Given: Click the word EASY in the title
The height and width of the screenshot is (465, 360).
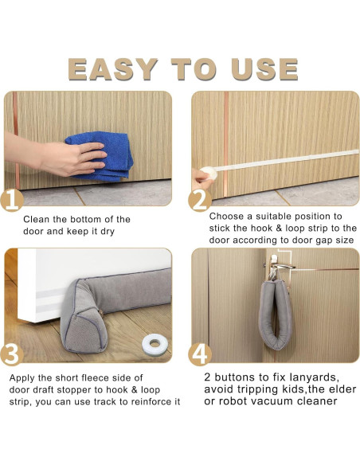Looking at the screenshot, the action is coord(112,69).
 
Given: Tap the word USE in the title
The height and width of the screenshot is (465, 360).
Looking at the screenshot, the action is coord(264,69).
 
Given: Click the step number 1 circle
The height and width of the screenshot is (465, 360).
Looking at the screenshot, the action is coord(12,201).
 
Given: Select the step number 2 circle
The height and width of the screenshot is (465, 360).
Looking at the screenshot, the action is coord(200,201).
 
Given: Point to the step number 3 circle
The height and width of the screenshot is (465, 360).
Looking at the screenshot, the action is coord(12,354).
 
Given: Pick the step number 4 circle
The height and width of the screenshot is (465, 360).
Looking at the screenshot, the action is coord(200,354).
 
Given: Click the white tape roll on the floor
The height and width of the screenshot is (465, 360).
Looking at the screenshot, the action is coord(155,344).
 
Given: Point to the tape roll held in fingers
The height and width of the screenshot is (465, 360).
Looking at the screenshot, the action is coord(209,173).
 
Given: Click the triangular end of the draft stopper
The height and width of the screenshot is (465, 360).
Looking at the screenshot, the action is coord(80,323).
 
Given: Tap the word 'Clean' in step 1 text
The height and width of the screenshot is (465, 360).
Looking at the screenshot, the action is coord(36,220).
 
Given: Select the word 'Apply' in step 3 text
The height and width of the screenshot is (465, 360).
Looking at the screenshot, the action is coord(22,378).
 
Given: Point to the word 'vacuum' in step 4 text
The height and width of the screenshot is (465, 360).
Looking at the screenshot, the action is coord(274,401).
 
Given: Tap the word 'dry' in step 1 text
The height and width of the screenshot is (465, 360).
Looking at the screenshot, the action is coord(108,232).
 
